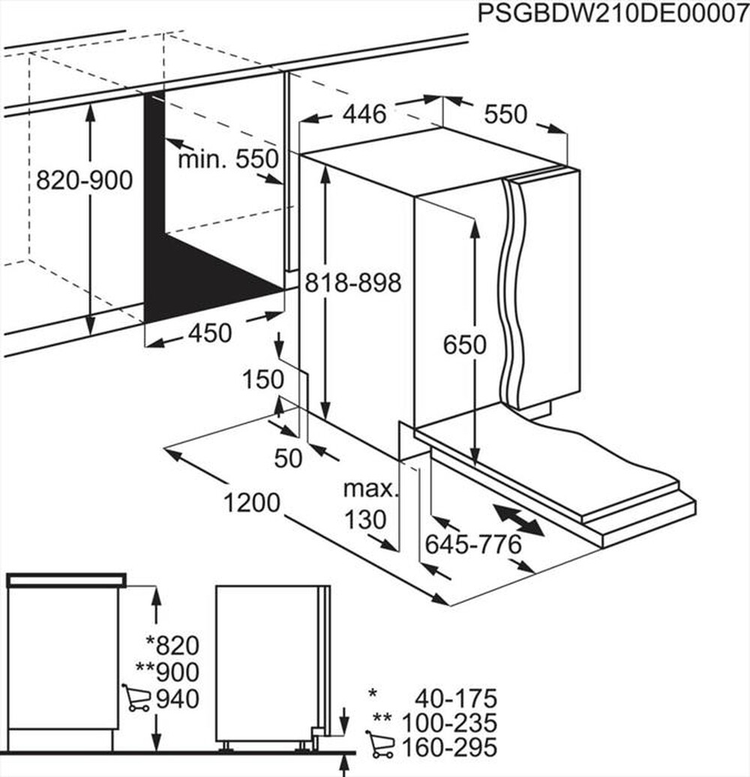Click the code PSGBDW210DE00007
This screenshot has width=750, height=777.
(612, 14)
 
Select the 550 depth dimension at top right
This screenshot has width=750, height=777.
(505, 114)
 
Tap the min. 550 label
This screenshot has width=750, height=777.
(228, 159)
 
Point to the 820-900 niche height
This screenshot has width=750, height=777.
(84, 180)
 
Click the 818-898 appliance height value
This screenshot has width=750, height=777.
(352, 283)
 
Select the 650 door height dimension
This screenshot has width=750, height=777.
(464, 345)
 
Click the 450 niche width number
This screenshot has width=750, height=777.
(209, 332)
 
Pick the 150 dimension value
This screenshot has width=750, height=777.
(262, 379)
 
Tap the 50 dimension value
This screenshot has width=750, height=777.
(287, 457)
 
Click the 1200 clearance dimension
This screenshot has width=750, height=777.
(251, 502)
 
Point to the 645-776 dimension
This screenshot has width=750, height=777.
(472, 545)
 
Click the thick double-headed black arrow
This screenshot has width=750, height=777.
(519, 520)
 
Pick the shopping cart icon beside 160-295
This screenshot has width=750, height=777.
(381, 746)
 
